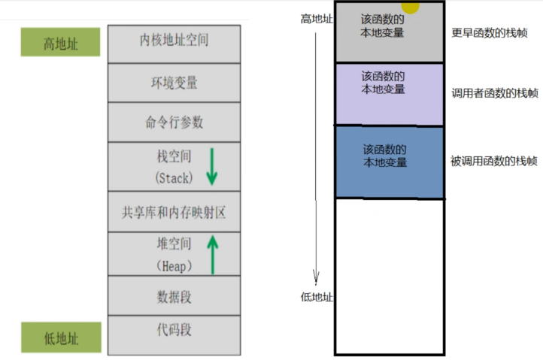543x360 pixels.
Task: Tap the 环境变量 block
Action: coord(174,83)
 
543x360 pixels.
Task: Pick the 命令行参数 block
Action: coord(174,122)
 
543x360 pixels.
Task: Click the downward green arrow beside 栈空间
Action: coord(211,166)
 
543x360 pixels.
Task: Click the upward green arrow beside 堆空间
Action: coord(212,254)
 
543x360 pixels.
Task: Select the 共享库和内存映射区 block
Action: coord(174,213)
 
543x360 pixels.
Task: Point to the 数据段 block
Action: coord(174,296)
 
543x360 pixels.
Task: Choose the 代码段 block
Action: coord(174,331)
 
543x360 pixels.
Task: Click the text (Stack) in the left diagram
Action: coord(174,178)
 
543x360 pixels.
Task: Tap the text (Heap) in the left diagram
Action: coord(174,265)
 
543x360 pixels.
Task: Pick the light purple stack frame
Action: coord(389,95)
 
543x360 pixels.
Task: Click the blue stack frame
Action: coord(389,162)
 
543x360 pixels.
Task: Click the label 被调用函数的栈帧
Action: coord(493,160)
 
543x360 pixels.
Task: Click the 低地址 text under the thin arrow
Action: coord(316,297)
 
